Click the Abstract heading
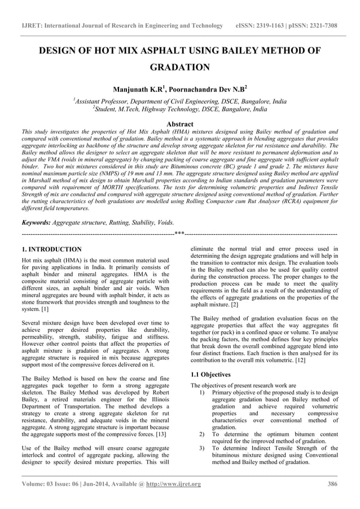point(180,124)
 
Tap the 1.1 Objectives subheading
point(210,374)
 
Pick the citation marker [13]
point(160,435)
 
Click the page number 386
point(332,484)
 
